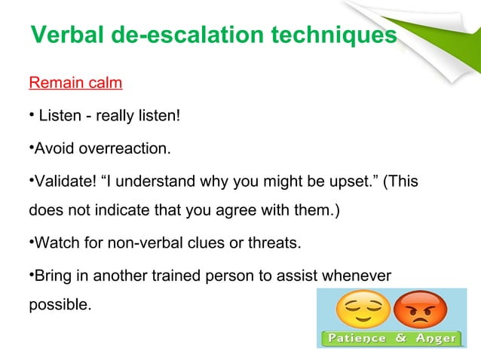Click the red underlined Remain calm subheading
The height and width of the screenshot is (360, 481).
pos(75,83)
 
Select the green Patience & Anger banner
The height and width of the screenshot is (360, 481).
pos(391,339)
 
